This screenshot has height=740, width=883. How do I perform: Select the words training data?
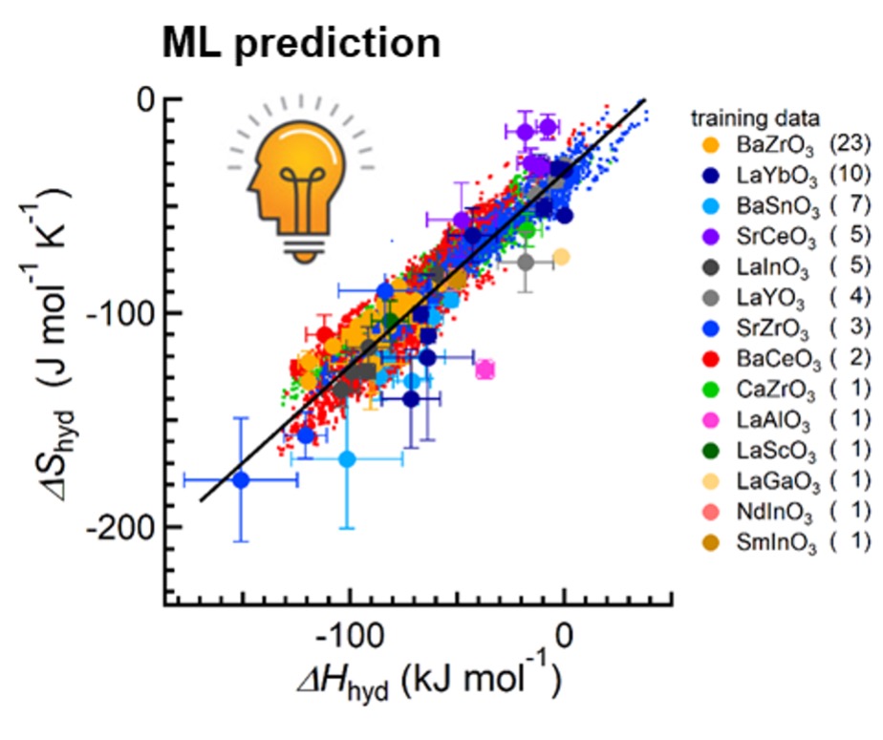point(755,119)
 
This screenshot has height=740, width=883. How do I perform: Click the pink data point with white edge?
point(485,370)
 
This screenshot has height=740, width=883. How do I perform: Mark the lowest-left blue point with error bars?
point(241,479)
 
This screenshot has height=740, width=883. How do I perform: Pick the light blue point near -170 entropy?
point(348,459)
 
